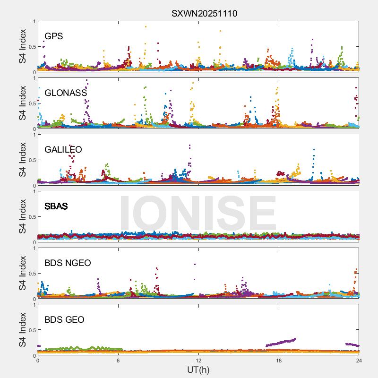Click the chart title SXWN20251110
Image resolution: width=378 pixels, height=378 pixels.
[x=204, y=14]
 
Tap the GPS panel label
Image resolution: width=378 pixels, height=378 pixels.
[x=54, y=36]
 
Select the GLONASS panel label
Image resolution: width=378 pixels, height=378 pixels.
[x=66, y=93]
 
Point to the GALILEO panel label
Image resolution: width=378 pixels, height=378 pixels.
[x=63, y=150]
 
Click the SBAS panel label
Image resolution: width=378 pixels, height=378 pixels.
[x=56, y=206]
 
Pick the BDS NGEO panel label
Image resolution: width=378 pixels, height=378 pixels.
[x=68, y=263]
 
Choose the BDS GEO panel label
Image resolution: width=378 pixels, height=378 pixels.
[x=64, y=320]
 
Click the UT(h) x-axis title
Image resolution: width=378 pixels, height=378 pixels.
[x=198, y=369]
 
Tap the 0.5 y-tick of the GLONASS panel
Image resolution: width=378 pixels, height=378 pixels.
[x=31, y=103]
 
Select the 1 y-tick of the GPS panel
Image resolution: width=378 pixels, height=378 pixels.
[x=34, y=22]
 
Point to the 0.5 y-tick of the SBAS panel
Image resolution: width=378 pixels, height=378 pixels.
[x=31, y=217]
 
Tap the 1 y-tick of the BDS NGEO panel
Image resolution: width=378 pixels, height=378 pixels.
[x=34, y=249]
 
